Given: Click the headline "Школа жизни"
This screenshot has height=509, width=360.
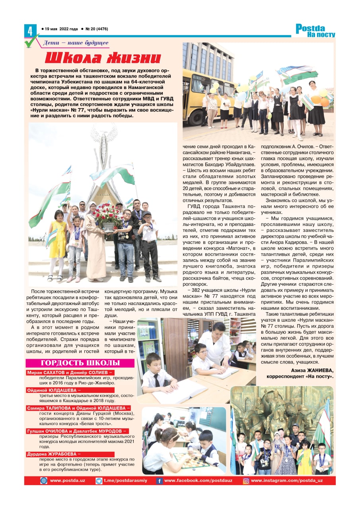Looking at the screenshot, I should [x=103, y=58].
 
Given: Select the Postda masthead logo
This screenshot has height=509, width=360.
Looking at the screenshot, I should [x=315, y=31].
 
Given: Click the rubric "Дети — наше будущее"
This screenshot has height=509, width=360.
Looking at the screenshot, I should [x=76, y=43].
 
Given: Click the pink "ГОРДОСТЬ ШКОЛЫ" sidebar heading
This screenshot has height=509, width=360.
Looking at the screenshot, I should [x=80, y=363].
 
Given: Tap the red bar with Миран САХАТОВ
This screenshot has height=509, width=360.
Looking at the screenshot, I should [x=70, y=372].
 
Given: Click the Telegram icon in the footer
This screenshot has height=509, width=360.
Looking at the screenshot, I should [x=99, y=481].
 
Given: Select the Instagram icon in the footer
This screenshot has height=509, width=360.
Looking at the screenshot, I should [x=246, y=481].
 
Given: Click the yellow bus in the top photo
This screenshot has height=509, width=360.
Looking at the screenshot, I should [x=199, y=95].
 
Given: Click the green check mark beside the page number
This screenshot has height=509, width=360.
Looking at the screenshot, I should [x=31, y=41].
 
